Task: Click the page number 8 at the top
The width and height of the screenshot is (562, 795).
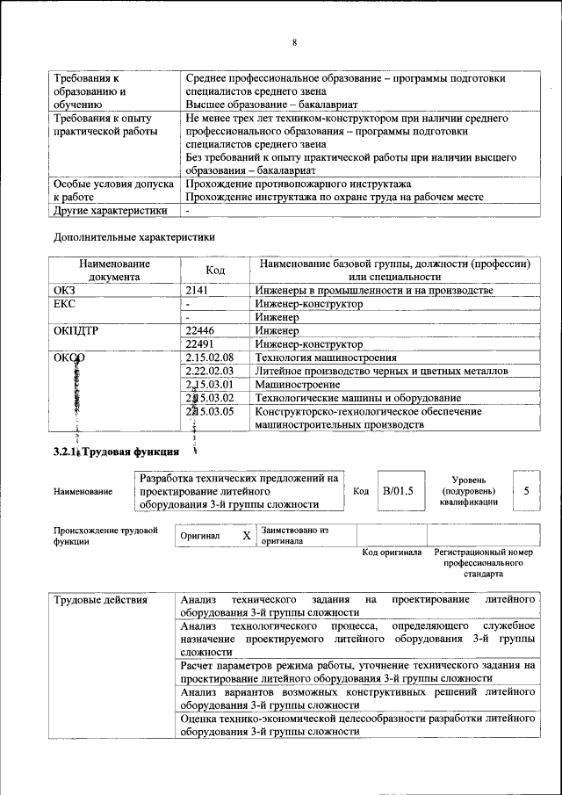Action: [295, 42]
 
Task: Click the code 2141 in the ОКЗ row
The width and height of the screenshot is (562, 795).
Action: [198, 291]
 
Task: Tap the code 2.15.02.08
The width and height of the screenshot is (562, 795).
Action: [210, 358]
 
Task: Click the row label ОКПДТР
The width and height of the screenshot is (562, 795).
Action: [79, 331]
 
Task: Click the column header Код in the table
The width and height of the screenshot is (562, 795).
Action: [216, 271]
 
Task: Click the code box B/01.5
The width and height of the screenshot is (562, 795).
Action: [398, 491]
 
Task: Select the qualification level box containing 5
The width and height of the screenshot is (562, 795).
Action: [526, 491]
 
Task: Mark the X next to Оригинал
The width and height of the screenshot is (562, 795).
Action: [247, 535]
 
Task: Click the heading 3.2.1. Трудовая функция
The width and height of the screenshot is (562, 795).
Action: [116, 452]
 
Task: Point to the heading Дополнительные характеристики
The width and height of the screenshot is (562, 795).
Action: [134, 237]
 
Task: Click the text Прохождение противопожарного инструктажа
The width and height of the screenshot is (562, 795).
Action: [299, 184]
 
